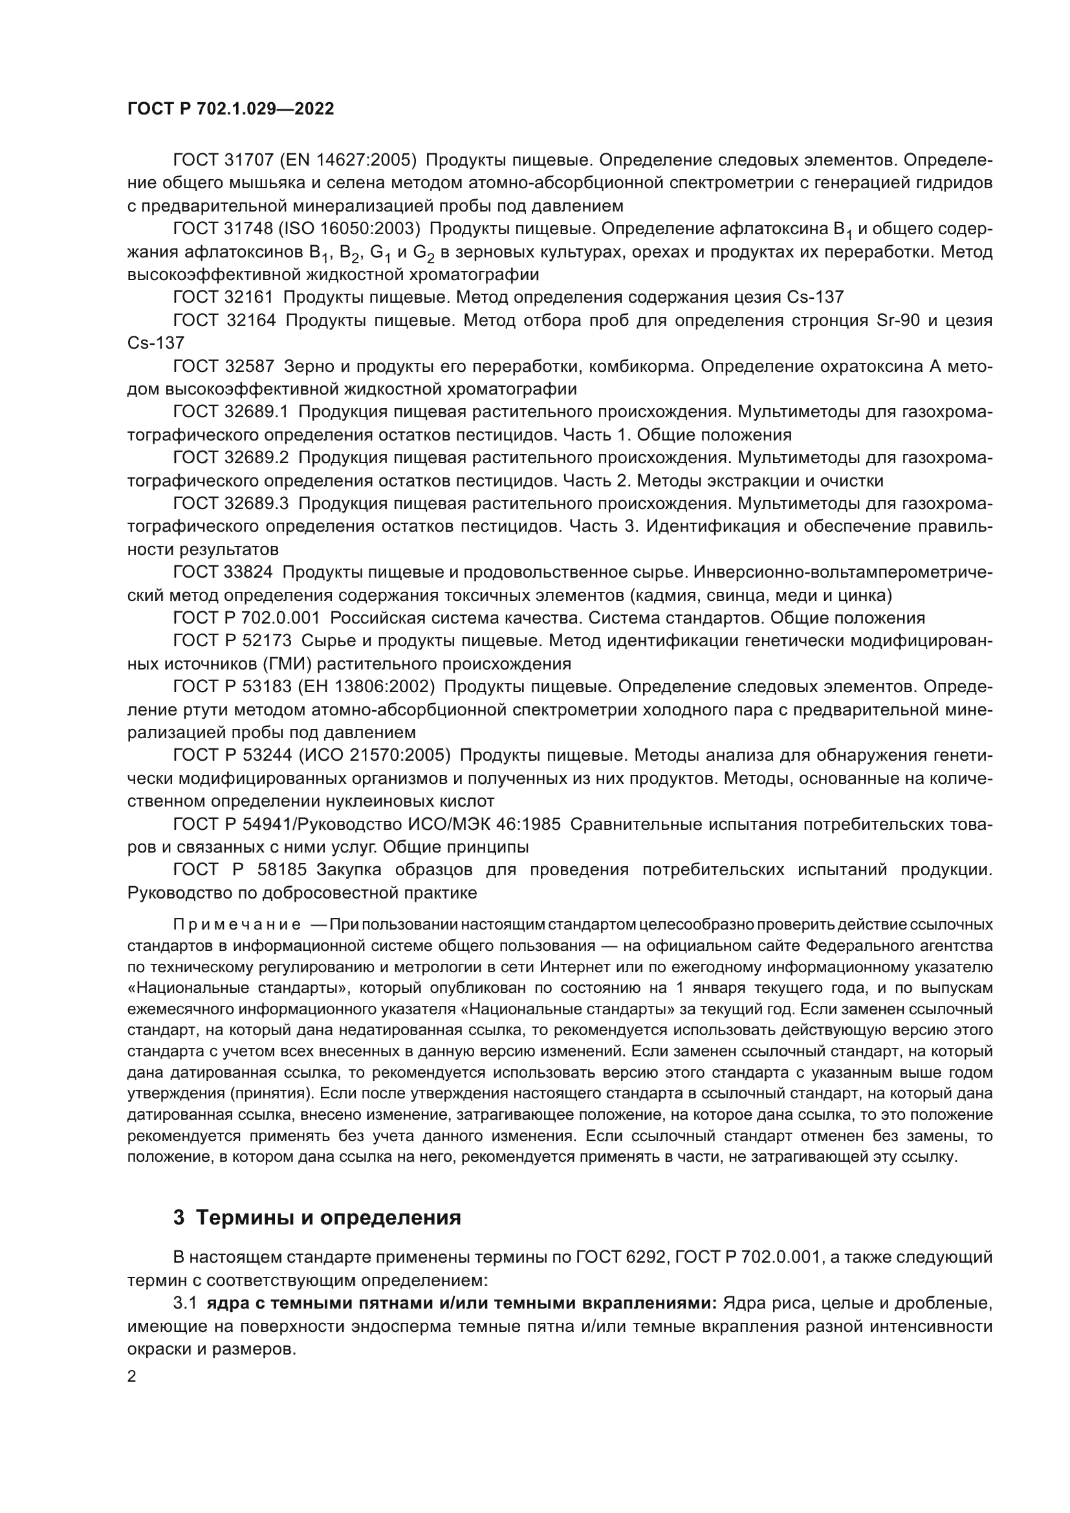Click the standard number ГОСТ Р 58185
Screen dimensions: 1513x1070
[x=240, y=870]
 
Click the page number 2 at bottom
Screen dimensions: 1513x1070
[x=132, y=1377]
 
